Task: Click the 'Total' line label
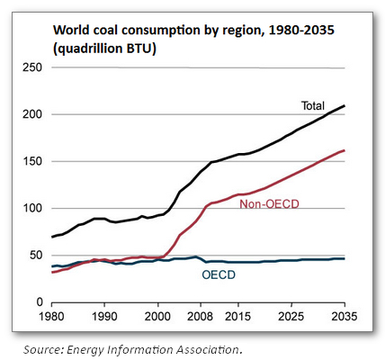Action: [312, 106]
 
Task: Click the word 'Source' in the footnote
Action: [38, 347]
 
